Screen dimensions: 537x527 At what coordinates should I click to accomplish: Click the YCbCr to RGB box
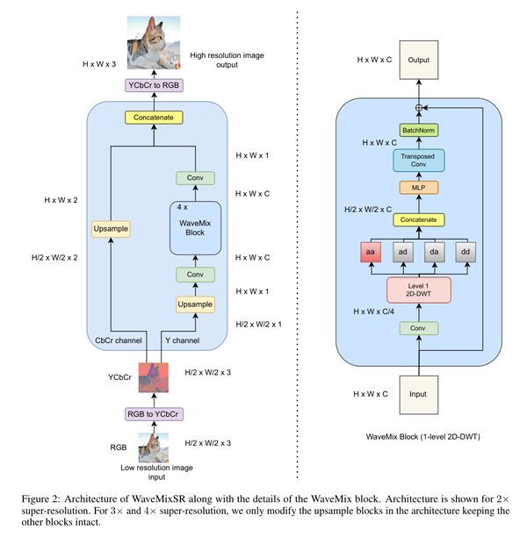pos(154,85)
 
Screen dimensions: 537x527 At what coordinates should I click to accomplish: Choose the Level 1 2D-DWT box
pos(419,290)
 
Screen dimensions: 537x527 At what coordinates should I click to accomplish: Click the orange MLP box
pos(419,188)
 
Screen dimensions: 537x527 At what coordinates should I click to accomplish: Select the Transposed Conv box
pos(419,160)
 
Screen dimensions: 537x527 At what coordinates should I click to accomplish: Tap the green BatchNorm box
pos(419,130)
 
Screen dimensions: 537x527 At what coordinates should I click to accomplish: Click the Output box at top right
pos(419,60)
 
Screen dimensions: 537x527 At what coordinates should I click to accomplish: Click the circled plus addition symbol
pos(419,107)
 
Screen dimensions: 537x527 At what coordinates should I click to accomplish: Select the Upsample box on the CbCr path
pos(110,229)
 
